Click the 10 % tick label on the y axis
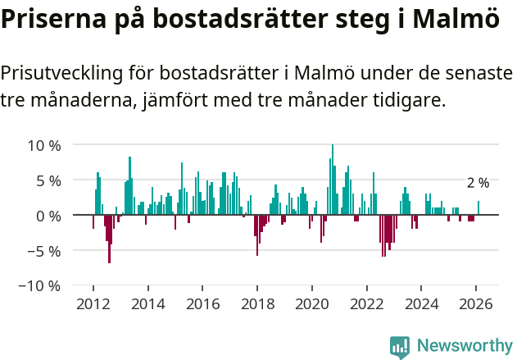point(44,145)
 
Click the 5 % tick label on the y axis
point(48,180)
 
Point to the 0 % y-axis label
point(48,216)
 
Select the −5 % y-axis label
point(44,251)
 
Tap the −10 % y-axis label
point(40,286)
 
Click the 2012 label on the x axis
point(93,303)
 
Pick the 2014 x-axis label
point(147,303)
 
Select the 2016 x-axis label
point(202,303)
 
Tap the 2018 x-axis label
point(257,303)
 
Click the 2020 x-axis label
point(312,303)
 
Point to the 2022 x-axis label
point(367,303)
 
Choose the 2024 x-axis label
point(422,303)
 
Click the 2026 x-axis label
point(477,303)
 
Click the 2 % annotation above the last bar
point(478,183)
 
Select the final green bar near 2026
point(478,208)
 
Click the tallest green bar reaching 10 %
point(333,180)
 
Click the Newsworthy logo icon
point(400,346)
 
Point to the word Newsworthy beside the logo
point(464,346)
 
